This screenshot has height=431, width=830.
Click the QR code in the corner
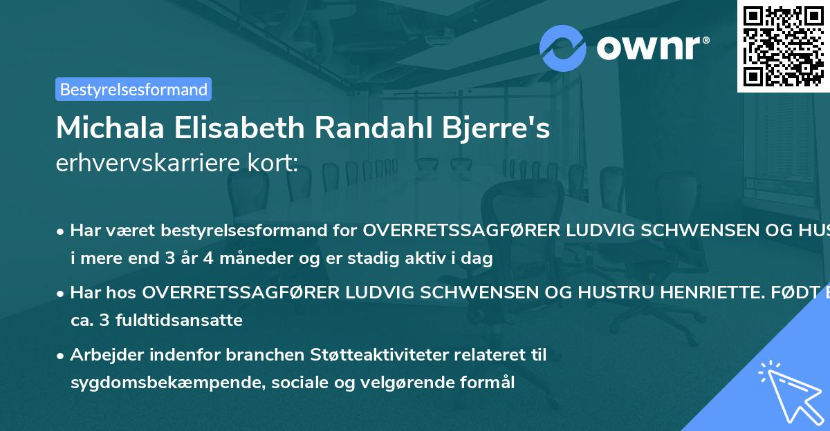tap(783, 46)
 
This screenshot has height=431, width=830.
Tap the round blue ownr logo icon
tap(563, 48)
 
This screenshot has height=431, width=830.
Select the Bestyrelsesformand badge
tap(133, 89)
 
